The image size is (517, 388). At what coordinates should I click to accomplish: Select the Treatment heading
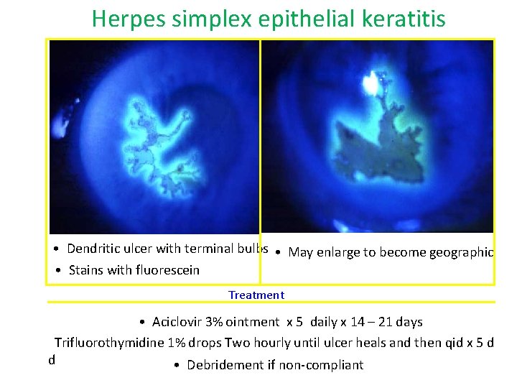256,295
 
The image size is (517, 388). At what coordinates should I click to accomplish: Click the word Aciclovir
177,322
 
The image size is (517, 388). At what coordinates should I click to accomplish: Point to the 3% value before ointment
214,322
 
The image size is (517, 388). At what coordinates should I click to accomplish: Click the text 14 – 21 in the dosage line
369,322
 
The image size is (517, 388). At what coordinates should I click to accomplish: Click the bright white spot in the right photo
372,83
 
